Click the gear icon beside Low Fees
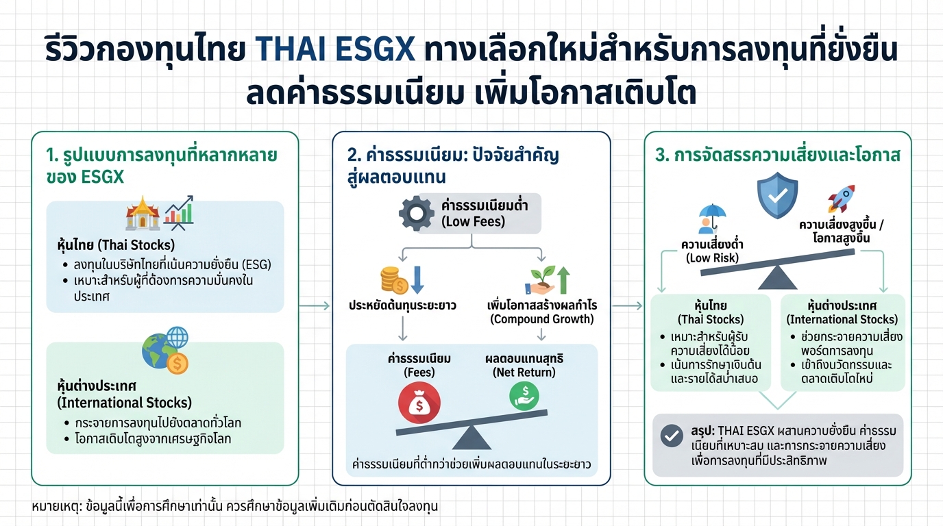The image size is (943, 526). coord(417,214)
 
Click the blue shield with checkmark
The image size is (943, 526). coord(777,195)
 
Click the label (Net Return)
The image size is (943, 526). coord(524,373)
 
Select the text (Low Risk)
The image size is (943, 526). coord(713,258)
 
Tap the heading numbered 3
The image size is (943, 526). coord(777,155)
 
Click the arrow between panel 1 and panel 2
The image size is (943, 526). coord(315,306)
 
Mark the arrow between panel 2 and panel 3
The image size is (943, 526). coord(627,306)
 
